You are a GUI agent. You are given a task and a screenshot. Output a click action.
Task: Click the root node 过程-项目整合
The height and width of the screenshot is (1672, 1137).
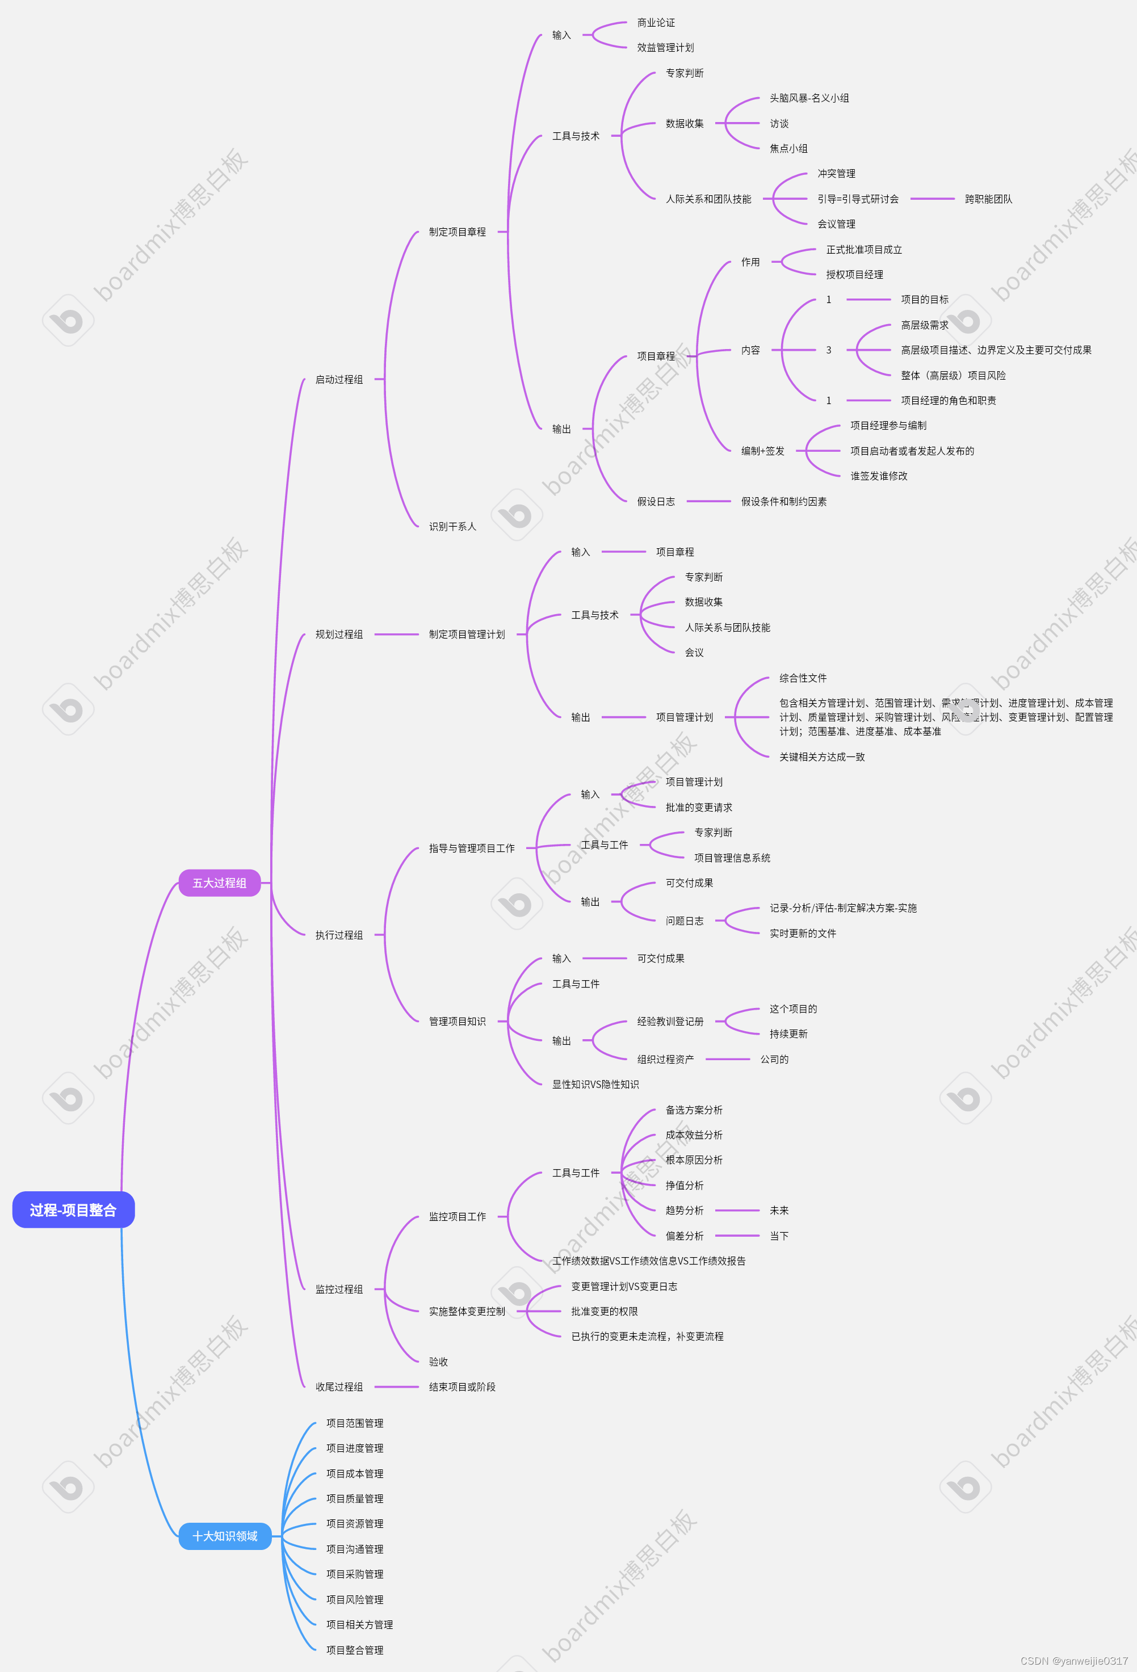pos(73,1210)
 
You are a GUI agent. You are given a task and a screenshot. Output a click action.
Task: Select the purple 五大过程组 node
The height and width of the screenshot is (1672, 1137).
pos(220,883)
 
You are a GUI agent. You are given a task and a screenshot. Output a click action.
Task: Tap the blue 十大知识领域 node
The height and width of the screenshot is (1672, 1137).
pos(225,1536)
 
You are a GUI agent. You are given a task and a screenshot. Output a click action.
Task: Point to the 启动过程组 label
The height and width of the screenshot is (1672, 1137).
pos(339,379)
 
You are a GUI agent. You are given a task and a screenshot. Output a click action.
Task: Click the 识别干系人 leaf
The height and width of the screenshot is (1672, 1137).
pos(452,527)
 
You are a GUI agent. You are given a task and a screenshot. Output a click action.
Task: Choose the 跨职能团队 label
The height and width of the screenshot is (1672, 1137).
pos(988,199)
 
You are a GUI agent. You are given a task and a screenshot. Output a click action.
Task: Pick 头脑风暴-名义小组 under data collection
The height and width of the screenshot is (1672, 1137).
pos(809,98)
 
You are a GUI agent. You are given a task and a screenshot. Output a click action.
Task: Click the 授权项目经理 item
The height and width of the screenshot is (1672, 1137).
pos(854,275)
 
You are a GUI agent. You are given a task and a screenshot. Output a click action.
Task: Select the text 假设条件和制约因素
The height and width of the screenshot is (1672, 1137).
pos(784,502)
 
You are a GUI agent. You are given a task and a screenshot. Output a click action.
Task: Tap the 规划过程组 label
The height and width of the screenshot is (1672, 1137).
pos(339,635)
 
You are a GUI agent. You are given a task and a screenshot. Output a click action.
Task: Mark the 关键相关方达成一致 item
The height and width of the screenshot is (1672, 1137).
pos(822,757)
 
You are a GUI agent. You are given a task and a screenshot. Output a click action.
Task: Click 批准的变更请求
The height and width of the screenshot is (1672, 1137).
pos(699,807)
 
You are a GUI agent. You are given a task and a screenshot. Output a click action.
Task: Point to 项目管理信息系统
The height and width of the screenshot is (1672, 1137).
pos(732,858)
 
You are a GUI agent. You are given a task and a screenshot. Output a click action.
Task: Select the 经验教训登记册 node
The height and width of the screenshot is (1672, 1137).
pos(670,1022)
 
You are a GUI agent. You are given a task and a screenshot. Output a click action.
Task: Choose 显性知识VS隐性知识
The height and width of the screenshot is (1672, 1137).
pos(595,1084)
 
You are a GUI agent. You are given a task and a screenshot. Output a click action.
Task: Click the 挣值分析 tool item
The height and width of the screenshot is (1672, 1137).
pos(685,1185)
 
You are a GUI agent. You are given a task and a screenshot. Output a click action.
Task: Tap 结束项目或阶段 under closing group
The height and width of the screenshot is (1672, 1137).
pos(462,1387)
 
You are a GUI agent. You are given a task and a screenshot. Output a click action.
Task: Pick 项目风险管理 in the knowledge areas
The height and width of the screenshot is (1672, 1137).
pos(355,1599)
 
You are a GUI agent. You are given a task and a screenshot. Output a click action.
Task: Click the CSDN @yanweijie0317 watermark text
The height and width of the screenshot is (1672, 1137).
pos(1073,1661)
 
